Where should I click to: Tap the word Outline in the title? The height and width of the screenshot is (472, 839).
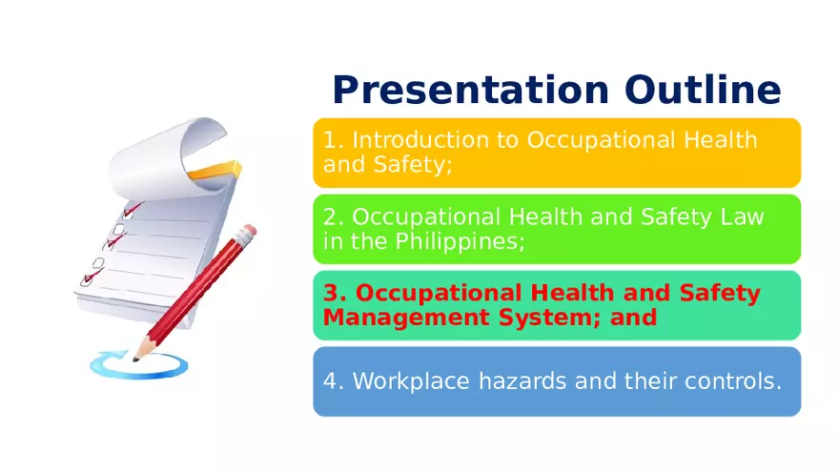click(x=703, y=91)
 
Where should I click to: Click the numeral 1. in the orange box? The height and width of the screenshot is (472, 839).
click(x=334, y=140)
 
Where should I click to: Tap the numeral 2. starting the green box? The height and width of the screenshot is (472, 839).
click(x=334, y=216)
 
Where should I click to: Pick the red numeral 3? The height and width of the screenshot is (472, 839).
click(x=335, y=293)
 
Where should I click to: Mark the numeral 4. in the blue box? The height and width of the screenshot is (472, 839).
click(x=334, y=381)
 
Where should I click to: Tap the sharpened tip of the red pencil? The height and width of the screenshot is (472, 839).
click(x=137, y=358)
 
